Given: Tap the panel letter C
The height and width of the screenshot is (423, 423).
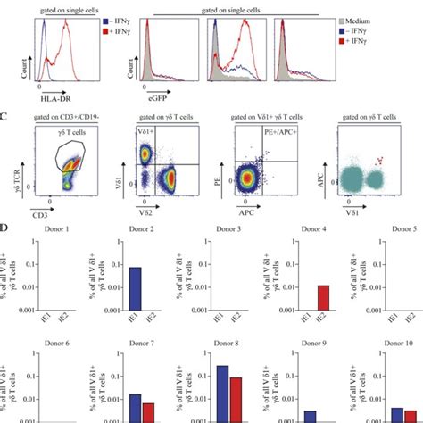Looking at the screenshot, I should tap(4, 113).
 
